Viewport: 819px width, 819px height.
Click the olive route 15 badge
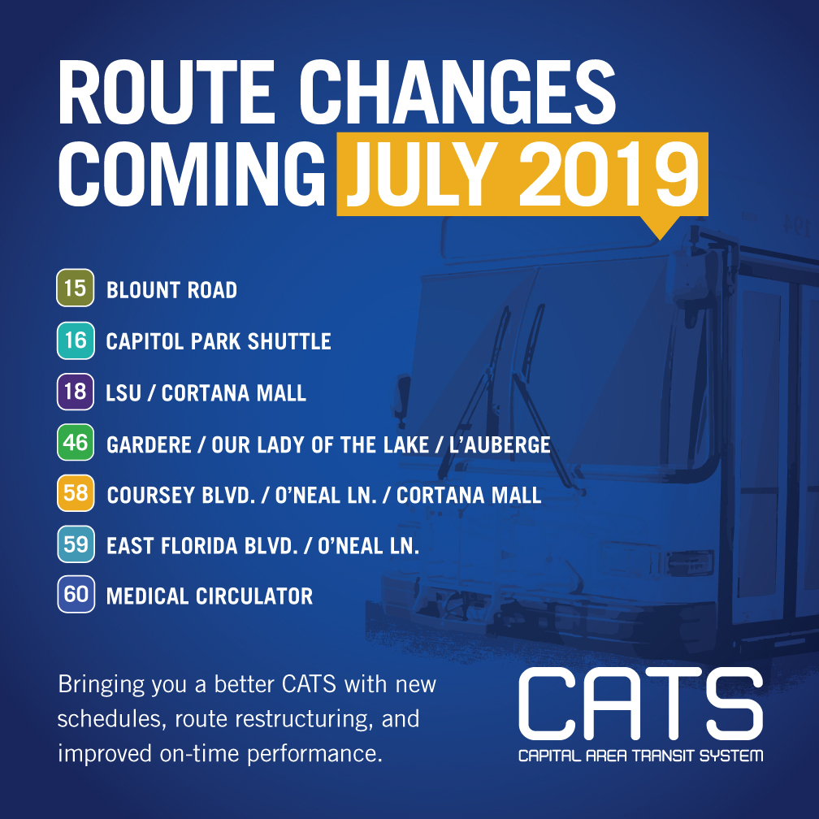pyautogui.click(x=76, y=288)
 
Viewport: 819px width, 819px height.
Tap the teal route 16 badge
pyautogui.click(x=76, y=340)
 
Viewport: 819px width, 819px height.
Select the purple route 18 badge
pyautogui.click(x=76, y=392)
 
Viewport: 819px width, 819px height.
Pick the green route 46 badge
pyautogui.click(x=76, y=442)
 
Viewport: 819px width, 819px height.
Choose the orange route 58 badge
pyautogui.click(x=76, y=493)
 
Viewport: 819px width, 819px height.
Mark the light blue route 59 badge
pyautogui.click(x=76, y=544)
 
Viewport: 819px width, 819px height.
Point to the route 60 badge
pyautogui.click(x=76, y=595)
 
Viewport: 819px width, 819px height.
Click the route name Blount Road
pyautogui.click(x=172, y=290)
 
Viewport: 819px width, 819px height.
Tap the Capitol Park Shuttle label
pyautogui.click(x=219, y=341)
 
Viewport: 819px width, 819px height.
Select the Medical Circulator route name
pyautogui.click(x=210, y=596)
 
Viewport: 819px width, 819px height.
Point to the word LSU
pyautogui.click(x=123, y=392)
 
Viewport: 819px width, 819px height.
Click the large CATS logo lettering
pyautogui.click(x=641, y=704)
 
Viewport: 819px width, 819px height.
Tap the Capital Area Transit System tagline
pyautogui.click(x=641, y=756)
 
